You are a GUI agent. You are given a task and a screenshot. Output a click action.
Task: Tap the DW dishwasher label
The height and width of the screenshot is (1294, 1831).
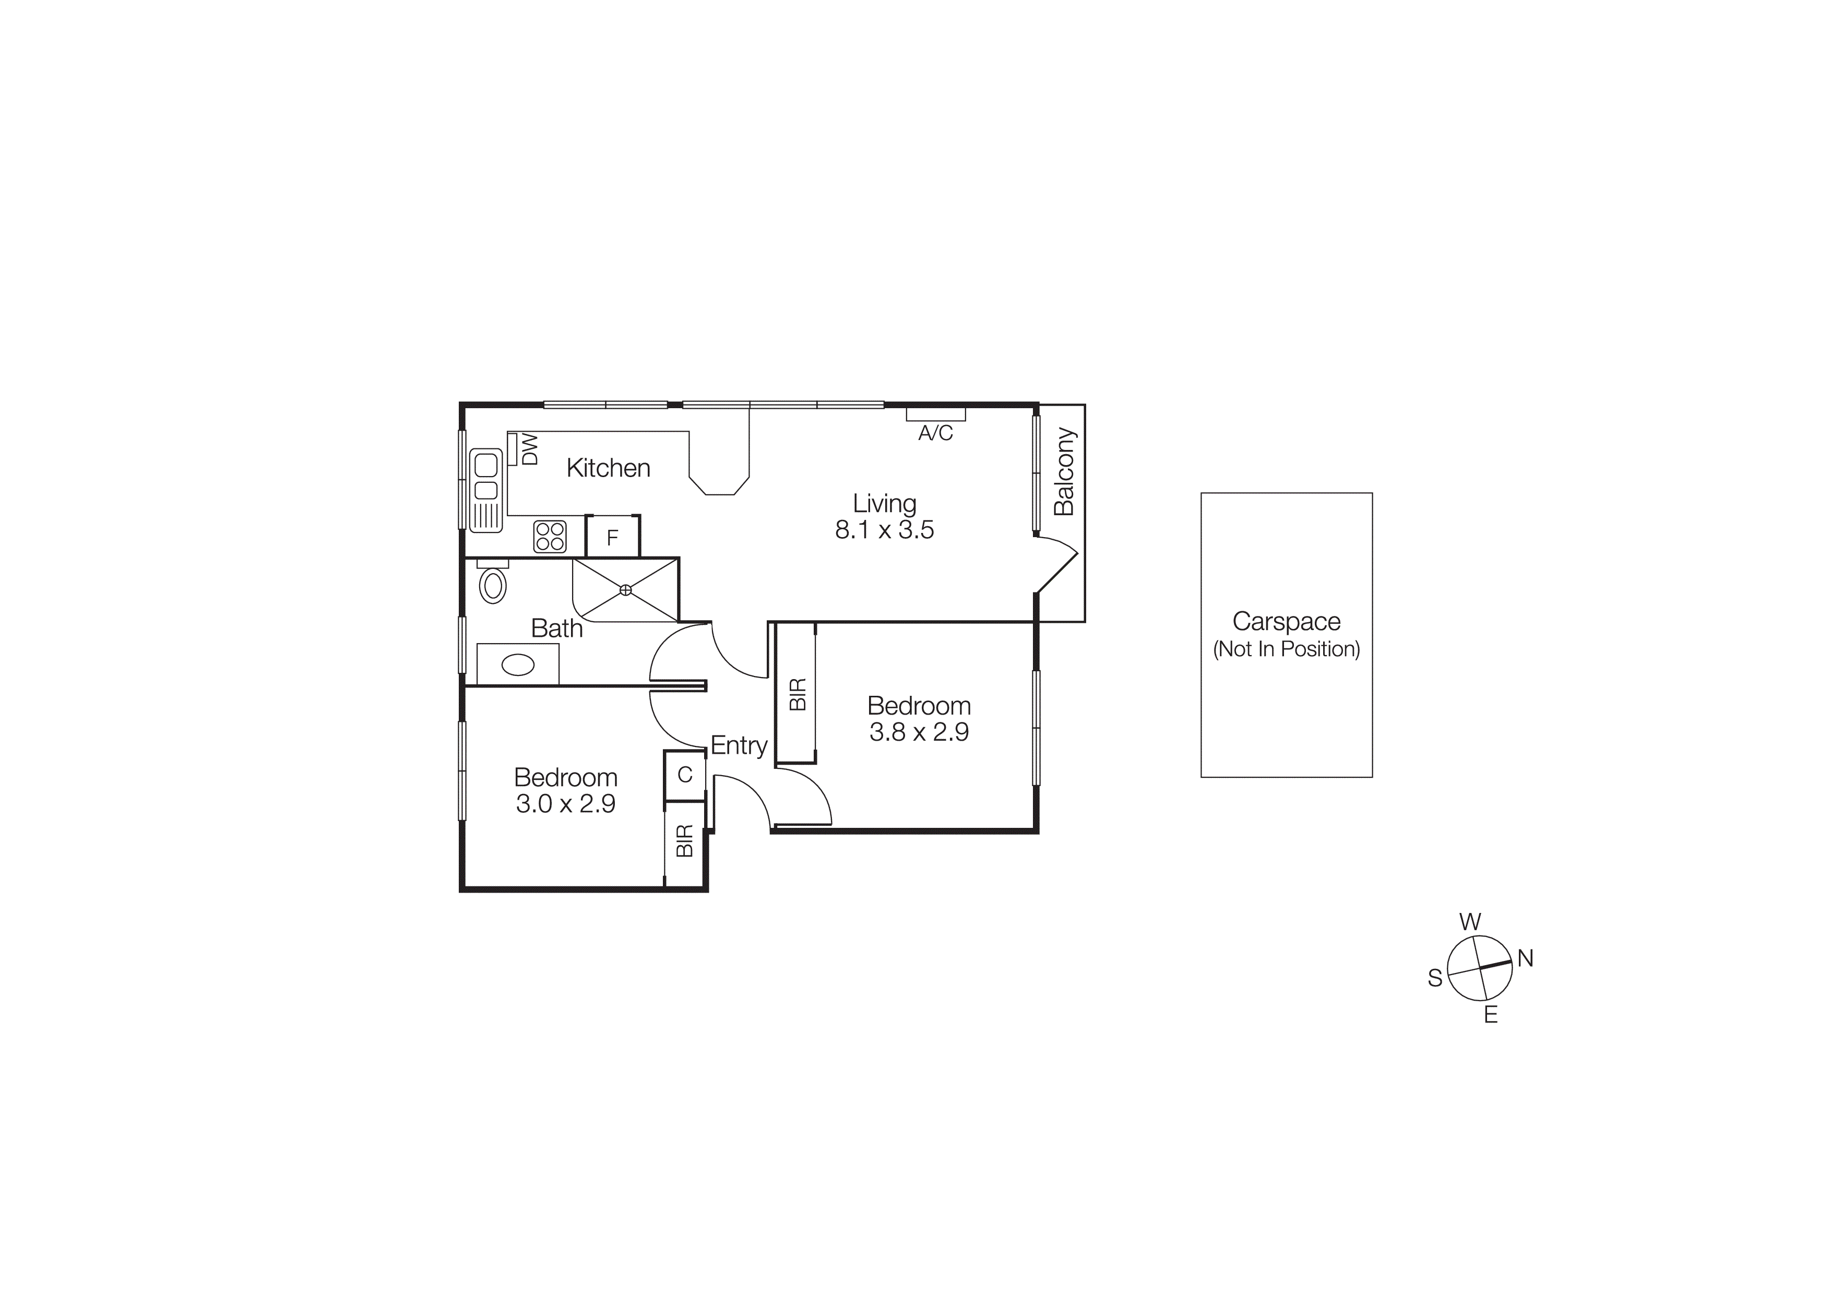coord(530,449)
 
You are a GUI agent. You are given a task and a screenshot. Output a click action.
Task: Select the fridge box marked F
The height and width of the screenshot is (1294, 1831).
coord(612,537)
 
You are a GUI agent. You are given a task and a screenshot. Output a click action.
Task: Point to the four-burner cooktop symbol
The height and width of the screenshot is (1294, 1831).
coord(550,536)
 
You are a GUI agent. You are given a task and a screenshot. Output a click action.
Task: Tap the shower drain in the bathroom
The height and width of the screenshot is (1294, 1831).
coord(625,590)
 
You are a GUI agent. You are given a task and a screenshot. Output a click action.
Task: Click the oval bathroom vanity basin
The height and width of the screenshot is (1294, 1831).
coord(518,664)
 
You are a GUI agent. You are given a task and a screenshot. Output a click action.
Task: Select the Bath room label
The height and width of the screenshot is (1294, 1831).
coord(556,628)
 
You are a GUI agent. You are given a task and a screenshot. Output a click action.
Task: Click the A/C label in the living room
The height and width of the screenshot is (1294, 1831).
coord(935,433)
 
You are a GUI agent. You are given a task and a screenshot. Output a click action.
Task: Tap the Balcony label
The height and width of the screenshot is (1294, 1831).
coord(1064,472)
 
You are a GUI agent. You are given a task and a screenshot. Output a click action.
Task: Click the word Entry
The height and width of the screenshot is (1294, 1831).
coord(739,745)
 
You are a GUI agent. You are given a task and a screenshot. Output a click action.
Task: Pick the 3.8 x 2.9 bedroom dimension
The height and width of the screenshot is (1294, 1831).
coord(919,732)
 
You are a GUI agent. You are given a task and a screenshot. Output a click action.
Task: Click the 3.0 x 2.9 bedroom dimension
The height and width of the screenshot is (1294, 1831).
coord(565,804)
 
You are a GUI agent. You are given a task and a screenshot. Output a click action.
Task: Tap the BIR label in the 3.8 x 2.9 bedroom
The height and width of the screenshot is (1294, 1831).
coord(798,694)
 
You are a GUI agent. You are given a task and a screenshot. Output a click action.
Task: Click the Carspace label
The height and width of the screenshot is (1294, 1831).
coord(1286,621)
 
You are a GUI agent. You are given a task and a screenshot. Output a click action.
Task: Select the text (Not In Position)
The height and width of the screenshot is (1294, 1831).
coord(1286,649)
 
